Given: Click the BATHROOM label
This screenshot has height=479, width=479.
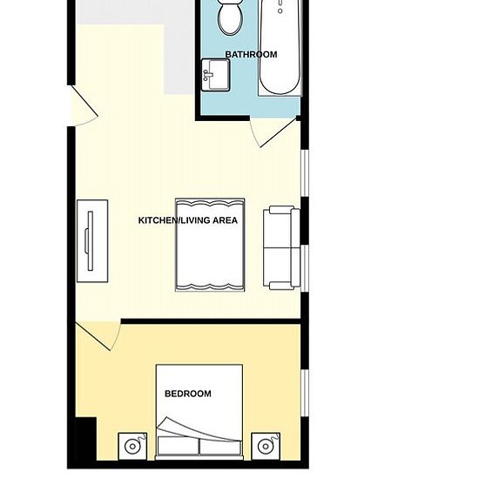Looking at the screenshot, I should pyautogui.click(x=251, y=54).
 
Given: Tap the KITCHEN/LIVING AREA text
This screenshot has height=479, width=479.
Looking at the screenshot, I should pyautogui.click(x=187, y=220).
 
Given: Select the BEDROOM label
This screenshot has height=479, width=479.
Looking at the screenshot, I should pyautogui.click(x=187, y=394).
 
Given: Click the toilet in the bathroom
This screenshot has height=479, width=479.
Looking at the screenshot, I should pyautogui.click(x=231, y=17).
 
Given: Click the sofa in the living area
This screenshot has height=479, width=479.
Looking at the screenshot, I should pyautogui.click(x=281, y=247).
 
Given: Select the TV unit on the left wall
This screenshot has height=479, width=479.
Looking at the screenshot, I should pyautogui.click(x=91, y=240).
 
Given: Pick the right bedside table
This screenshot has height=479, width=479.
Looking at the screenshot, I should pyautogui.click(x=266, y=446).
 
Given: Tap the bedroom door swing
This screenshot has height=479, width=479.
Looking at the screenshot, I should pyautogui.click(x=96, y=336).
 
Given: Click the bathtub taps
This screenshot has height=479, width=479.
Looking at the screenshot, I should pyautogui.click(x=280, y=9).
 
